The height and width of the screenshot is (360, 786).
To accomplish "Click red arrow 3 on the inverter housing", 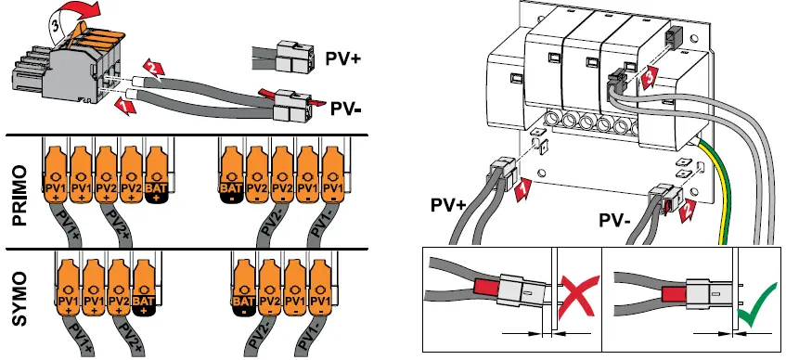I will [651, 72].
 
